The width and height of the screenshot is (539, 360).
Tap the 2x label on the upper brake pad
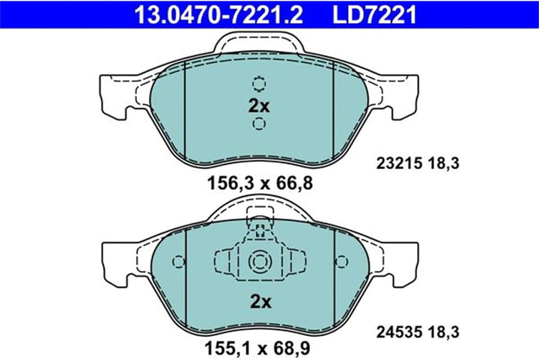point(259,106)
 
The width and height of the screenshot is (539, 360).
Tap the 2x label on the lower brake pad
point(259,302)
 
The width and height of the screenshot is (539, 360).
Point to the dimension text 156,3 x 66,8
point(260,182)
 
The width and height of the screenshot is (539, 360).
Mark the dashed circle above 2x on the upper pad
point(260,84)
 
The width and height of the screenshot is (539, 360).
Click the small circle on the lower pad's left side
point(178,261)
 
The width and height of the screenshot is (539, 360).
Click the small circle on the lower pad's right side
point(342,261)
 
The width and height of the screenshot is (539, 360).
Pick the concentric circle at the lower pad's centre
point(260,261)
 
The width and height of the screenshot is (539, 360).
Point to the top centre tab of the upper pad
point(260,46)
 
